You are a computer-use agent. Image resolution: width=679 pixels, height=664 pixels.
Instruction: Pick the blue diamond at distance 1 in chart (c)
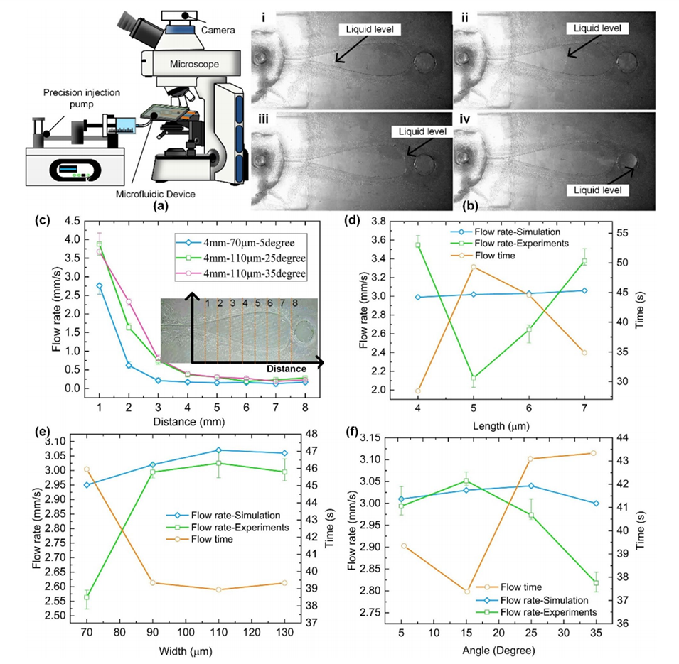click(100, 285)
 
